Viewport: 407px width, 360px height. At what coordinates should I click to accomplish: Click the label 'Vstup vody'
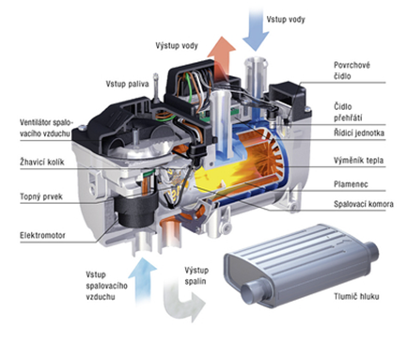pos(286,20)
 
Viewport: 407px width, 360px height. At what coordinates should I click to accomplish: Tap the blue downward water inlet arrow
pos(256,30)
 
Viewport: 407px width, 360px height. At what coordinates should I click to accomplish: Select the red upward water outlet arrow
pos(221,55)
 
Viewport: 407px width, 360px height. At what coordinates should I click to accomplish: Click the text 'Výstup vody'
pos(177,46)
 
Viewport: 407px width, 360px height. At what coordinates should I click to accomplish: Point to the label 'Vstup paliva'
pos(127,84)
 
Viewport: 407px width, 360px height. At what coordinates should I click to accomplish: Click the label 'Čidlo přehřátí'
pos(348,112)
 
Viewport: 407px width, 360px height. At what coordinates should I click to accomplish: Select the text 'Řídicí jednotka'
pos(359,133)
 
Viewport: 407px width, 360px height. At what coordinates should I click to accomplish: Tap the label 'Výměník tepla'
pos(358,161)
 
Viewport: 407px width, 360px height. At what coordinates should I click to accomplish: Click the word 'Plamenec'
pos(351,184)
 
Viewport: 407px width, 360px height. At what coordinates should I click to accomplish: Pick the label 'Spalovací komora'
pos(364,204)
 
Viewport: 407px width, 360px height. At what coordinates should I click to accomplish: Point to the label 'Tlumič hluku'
pos(356,296)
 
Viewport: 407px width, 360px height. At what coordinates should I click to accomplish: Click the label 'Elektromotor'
pos(42,235)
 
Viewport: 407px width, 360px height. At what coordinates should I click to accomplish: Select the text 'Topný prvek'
pos(41,196)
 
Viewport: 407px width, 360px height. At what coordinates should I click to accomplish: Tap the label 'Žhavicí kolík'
pos(42,162)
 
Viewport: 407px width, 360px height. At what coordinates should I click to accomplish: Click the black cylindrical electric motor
pos(135,209)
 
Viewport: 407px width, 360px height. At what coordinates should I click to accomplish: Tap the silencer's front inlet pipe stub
pos(255,290)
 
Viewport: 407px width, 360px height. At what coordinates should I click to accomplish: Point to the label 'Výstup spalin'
pos(196,275)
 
